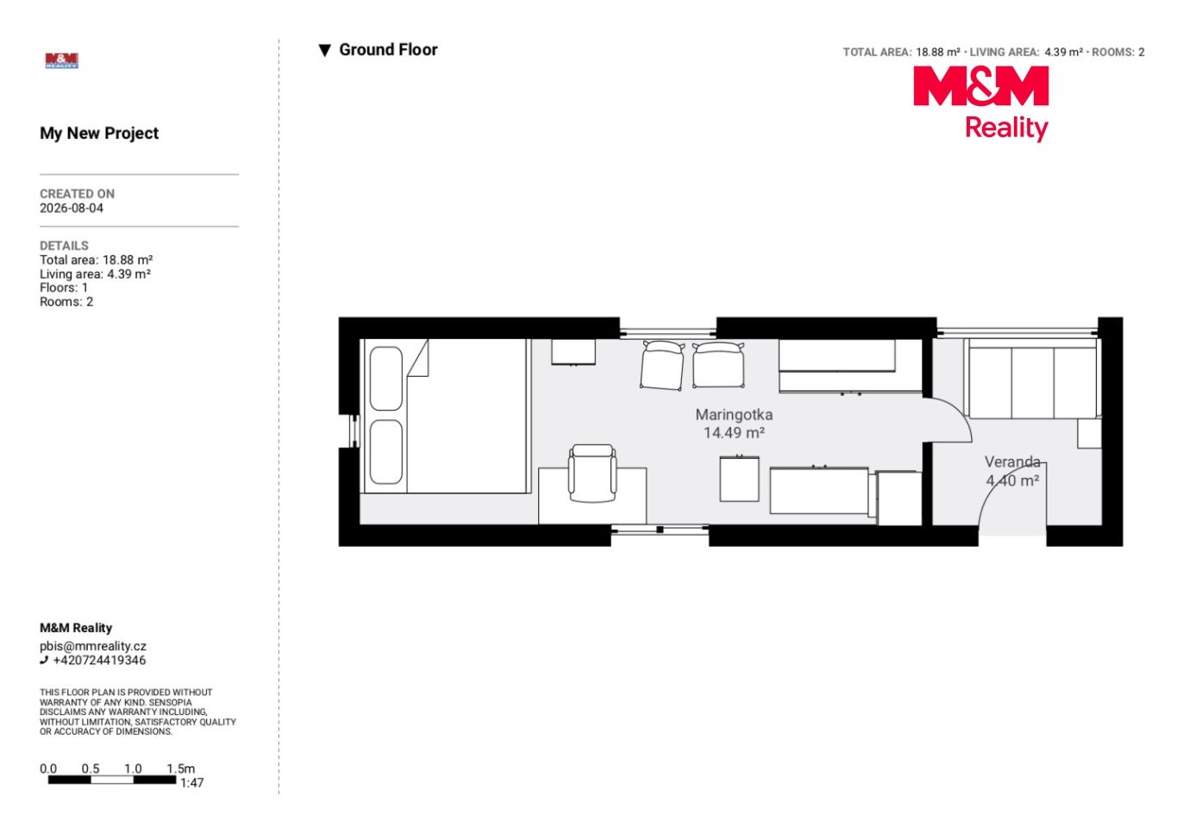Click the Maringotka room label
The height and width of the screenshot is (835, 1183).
click(x=734, y=415)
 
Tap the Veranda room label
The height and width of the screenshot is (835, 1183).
click(x=1012, y=461)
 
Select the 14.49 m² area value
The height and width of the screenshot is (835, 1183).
click(x=734, y=433)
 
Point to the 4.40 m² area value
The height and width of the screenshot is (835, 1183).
click(x=1012, y=480)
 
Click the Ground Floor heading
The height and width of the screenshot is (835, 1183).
click(x=388, y=50)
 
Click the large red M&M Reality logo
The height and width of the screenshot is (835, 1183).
click(x=980, y=104)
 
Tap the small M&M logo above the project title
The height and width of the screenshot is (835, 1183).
click(x=62, y=60)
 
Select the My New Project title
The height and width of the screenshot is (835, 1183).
click(x=99, y=133)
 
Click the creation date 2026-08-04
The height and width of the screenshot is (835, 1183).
click(x=72, y=208)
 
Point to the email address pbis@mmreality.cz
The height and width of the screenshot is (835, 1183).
click(x=93, y=646)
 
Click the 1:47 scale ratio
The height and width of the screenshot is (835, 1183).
click(x=191, y=783)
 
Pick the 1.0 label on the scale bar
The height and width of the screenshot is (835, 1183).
click(x=133, y=769)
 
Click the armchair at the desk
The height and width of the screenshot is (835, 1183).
click(x=592, y=474)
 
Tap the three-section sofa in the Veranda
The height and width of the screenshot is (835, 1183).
click(x=1035, y=379)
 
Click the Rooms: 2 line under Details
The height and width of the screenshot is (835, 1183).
click(x=66, y=302)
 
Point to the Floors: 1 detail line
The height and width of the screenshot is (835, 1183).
click(x=64, y=288)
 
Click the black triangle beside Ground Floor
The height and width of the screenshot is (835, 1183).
click(x=325, y=50)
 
